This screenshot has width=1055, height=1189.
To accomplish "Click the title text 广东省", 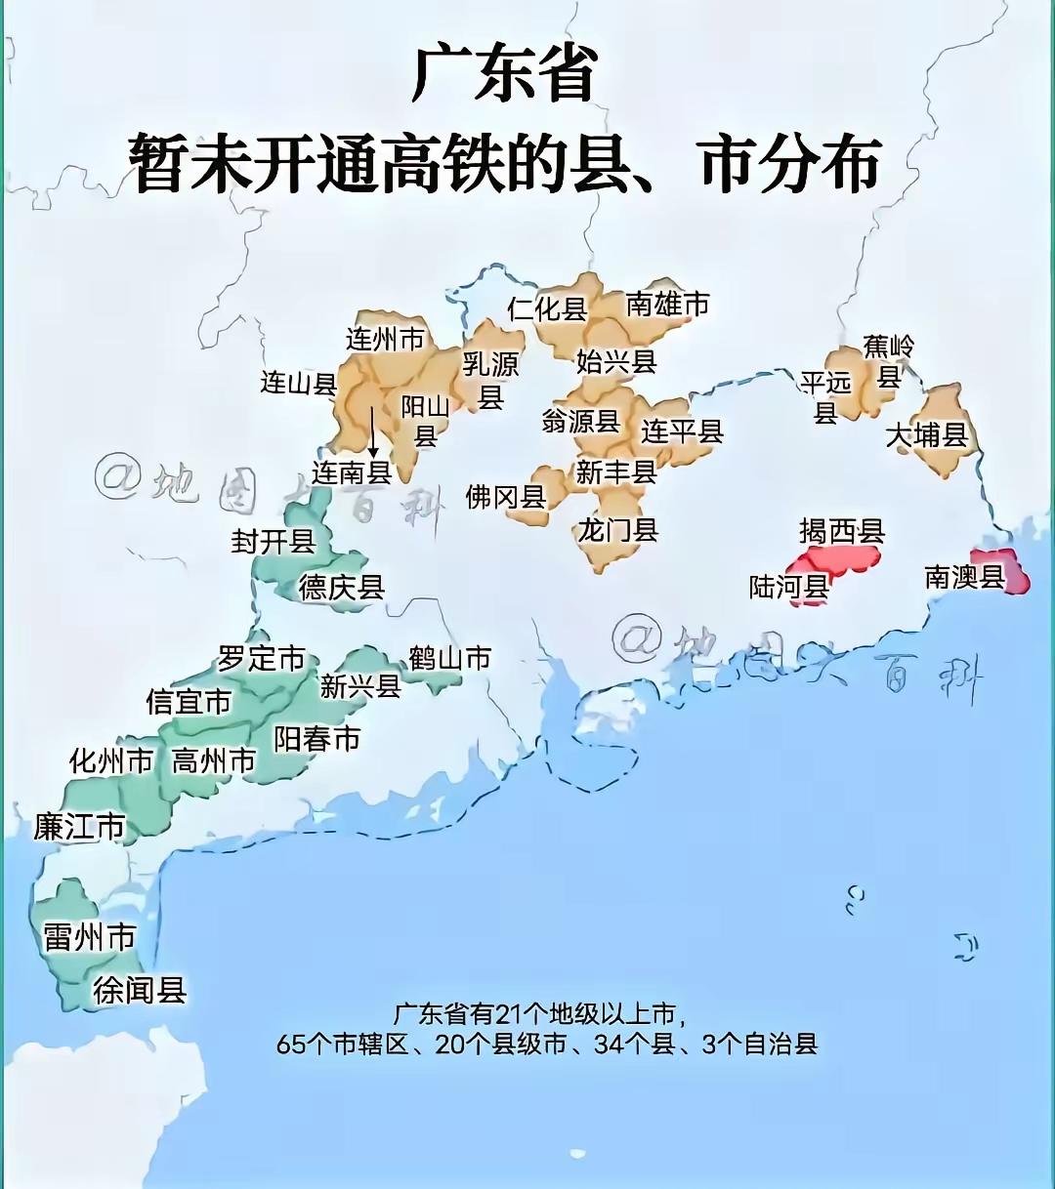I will pyautogui.click(x=504, y=73).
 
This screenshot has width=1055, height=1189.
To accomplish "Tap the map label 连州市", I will pyautogui.click(x=385, y=339).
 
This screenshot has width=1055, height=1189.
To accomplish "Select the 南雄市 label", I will pyautogui.click(x=667, y=305).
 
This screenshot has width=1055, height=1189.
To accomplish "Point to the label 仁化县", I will pyautogui.click(x=547, y=309).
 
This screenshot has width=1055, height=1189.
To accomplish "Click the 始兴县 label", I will pyautogui.click(x=615, y=361).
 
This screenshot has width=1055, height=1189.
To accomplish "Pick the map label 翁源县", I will pyautogui.click(x=580, y=421).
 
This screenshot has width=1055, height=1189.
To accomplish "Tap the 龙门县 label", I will pyautogui.click(x=617, y=530).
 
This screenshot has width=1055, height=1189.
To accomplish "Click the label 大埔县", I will pyautogui.click(x=925, y=434).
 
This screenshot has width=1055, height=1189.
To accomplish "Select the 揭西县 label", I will pyautogui.click(x=841, y=531).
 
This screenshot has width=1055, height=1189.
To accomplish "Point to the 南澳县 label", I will pyautogui.click(x=964, y=577).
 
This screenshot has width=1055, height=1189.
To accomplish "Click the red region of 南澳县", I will pyautogui.click(x=1016, y=576).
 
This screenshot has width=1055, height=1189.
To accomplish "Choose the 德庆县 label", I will pyautogui.click(x=341, y=587).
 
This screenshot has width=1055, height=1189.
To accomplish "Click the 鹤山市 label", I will pyautogui.click(x=449, y=659).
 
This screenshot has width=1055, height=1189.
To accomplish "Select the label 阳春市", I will pyautogui.click(x=316, y=739).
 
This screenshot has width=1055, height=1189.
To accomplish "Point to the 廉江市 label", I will pyautogui.click(x=79, y=827).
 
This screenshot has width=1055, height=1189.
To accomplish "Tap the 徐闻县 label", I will pyautogui.click(x=140, y=990).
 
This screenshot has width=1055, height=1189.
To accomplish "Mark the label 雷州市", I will pyautogui.click(x=89, y=938).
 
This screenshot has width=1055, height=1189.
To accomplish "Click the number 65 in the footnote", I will pyautogui.click(x=291, y=1045).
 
